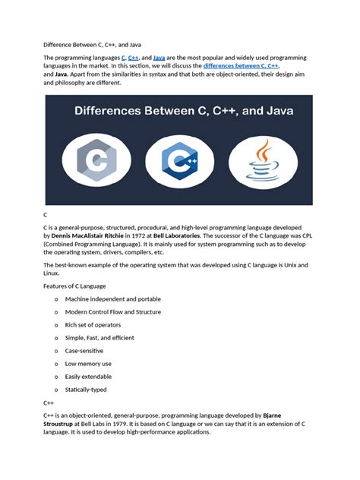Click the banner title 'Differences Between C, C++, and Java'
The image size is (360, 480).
coord(179,112)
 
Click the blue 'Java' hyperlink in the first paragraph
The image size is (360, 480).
coord(159,58)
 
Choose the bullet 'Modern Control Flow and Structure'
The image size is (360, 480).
coord(113,312)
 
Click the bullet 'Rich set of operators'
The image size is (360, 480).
coord(93,325)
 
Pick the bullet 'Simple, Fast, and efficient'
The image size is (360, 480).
coord(99,338)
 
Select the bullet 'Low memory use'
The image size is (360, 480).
coord(88,364)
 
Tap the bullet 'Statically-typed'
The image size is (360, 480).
coord(86,390)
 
